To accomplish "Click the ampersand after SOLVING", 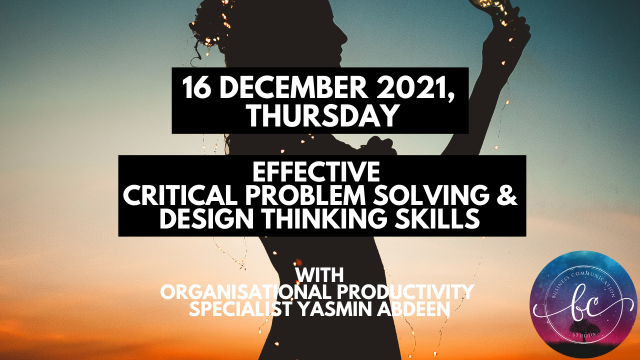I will click(506, 196).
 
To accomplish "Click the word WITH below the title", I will click(319, 275).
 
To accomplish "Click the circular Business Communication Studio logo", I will click(583, 304).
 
